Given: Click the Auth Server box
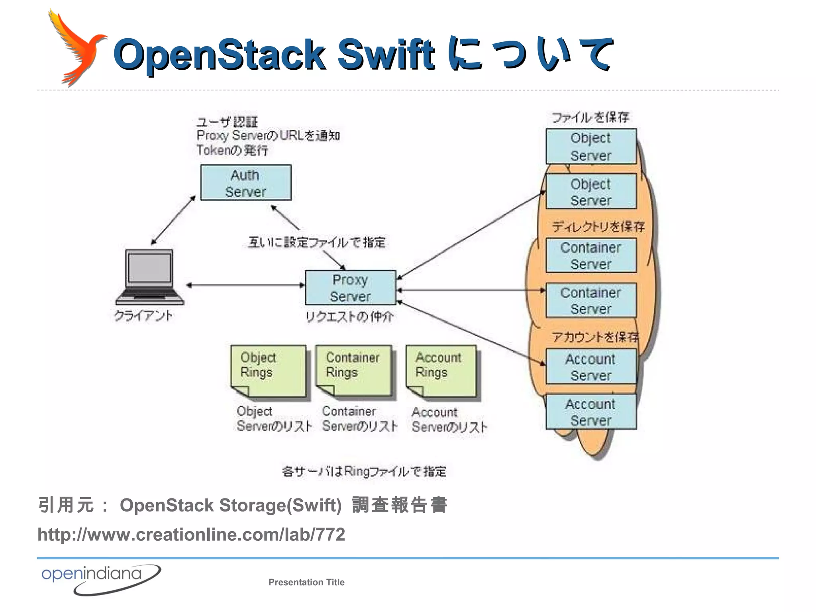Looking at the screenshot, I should click(246, 182).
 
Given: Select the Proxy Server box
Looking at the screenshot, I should click(350, 288).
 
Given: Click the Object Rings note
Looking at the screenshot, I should click(268, 371).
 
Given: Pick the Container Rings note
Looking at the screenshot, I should click(353, 371).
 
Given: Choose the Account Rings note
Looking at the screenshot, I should click(441, 371).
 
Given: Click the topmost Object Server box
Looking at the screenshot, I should click(591, 146).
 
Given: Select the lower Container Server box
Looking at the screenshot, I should click(591, 300).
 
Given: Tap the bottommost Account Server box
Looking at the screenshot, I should click(591, 412).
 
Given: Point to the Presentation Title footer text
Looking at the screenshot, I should click(306, 582).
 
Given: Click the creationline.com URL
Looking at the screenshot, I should click(191, 534).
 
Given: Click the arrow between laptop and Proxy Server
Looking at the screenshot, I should click(245, 285).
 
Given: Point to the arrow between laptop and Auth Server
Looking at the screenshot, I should click(173, 220).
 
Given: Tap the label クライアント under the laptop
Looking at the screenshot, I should click(143, 316).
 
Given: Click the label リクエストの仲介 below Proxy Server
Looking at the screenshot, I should click(349, 317).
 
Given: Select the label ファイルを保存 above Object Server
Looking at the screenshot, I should click(590, 117).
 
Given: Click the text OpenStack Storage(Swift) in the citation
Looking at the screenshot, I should click(231, 505).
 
